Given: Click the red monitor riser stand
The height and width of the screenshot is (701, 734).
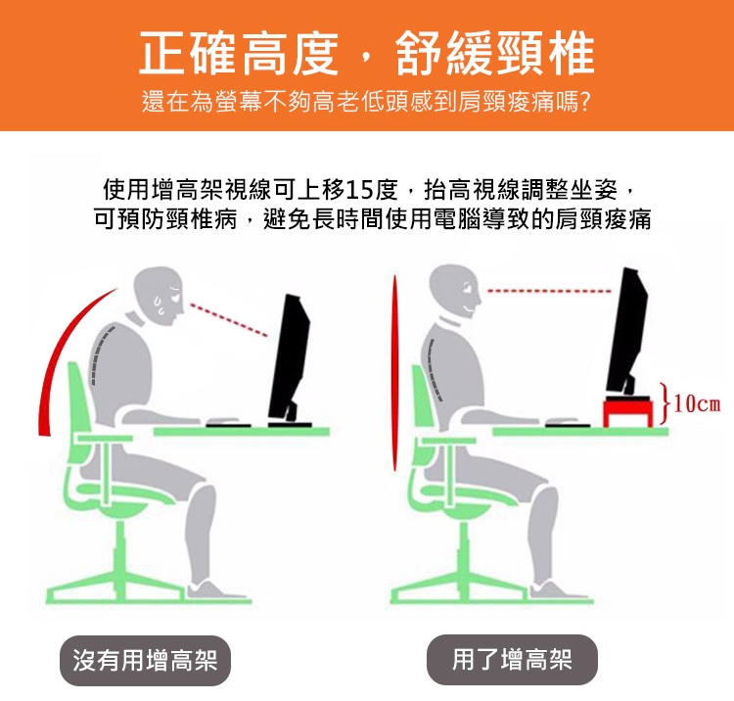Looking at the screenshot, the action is click(x=627, y=411).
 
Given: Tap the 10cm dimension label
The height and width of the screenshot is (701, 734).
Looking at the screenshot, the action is click(x=697, y=403).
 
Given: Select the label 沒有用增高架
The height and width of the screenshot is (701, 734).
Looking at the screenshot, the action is click(x=145, y=660).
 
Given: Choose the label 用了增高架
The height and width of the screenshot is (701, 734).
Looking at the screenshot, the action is click(x=512, y=659).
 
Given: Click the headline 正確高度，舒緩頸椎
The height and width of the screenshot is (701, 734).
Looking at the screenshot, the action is click(x=367, y=54).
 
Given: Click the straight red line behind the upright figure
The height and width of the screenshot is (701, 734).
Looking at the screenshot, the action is click(x=395, y=373).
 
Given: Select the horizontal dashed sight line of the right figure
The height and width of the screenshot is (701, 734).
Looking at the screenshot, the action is click(x=549, y=291).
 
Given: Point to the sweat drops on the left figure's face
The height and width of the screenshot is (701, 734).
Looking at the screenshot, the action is click(x=160, y=304).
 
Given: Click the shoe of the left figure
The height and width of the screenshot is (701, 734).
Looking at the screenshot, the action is click(x=215, y=591).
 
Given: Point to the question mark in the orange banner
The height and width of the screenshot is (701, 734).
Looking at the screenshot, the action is click(x=585, y=102).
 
